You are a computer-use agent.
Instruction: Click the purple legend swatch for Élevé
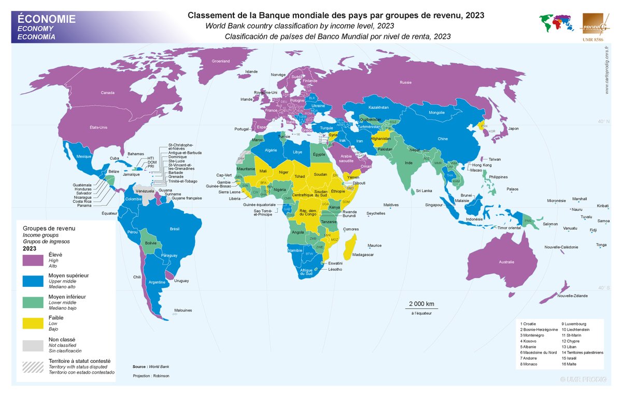[33, 261]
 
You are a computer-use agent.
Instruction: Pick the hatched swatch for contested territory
[33, 365]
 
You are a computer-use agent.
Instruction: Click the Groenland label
[220, 61]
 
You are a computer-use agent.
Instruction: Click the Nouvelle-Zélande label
[572, 296]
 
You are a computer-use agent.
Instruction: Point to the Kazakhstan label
[378, 107]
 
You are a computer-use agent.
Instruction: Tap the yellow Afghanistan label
[380, 138]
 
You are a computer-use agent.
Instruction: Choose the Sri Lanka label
[423, 191]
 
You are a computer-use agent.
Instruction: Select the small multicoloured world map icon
[555, 23]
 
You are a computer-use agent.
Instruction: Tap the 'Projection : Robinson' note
[151, 375]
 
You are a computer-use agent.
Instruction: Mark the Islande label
[251, 71]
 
